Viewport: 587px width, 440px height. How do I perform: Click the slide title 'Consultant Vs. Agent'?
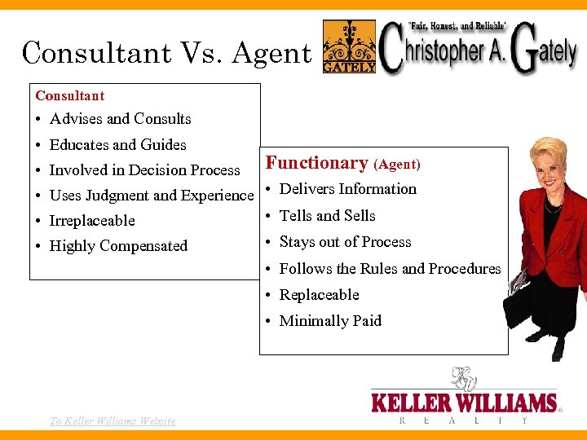click(x=166, y=53)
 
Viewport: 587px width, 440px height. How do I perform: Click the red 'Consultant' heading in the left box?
click(x=70, y=95)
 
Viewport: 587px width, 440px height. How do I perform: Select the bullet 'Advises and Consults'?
click(x=120, y=119)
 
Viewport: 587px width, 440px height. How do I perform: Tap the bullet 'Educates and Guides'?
click(x=117, y=145)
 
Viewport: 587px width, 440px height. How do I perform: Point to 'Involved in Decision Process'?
click(x=144, y=170)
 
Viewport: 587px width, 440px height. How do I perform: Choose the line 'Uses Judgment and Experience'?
click(x=152, y=196)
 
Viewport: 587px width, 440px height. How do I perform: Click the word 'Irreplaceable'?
click(x=92, y=221)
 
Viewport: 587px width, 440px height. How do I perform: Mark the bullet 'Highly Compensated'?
click(x=118, y=246)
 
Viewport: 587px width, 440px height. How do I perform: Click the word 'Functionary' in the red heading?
click(x=317, y=163)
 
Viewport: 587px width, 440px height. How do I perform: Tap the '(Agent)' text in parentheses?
click(x=397, y=165)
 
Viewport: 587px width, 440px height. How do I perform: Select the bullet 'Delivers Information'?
click(x=347, y=189)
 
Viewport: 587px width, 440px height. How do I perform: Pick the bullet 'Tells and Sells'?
click(x=327, y=216)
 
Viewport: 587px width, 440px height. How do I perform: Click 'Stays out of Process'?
click(x=345, y=242)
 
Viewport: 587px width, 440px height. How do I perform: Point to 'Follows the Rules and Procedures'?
click(x=390, y=269)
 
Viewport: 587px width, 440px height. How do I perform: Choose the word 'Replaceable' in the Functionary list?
click(x=319, y=295)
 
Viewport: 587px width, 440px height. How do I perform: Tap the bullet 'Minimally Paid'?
click(x=330, y=321)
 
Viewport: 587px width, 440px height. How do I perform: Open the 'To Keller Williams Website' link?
click(x=113, y=420)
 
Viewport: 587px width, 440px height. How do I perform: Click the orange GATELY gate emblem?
click(x=350, y=46)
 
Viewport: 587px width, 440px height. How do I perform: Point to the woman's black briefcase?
click(x=521, y=306)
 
